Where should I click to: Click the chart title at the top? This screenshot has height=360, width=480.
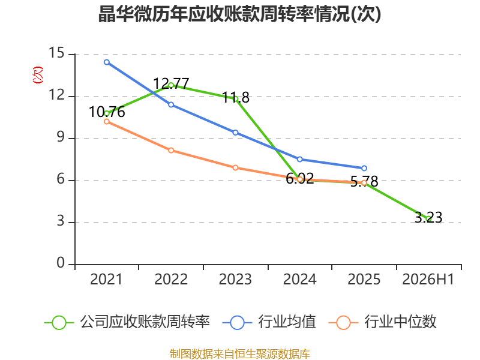tap(239, 14)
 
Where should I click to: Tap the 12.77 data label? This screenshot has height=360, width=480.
tap(171, 83)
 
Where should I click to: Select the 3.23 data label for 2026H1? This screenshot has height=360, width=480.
tap(428, 217)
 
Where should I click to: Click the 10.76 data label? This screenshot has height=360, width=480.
tap(107, 112)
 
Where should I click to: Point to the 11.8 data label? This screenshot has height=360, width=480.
tap(236, 98)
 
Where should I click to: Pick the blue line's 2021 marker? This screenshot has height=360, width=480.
tap(107, 62)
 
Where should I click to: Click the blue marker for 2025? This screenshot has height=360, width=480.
tap(364, 168)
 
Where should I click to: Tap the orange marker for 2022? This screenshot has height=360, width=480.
tap(171, 151)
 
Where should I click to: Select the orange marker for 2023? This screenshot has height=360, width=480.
tap(235, 168)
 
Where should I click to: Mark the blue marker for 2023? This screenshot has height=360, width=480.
tap(235, 133)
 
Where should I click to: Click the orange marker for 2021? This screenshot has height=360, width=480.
tap(107, 122)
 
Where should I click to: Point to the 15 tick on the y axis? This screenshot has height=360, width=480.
tap(56, 53)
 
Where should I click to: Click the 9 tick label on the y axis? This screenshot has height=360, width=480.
tap(61, 137)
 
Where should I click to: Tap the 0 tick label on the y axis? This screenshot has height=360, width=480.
tap(61, 263)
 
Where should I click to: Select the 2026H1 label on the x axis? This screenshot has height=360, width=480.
tap(428, 279)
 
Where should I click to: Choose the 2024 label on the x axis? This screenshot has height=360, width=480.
tap(299, 279)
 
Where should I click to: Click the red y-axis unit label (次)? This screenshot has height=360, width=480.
tap(38, 75)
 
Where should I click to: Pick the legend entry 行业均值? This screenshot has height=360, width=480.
tap(269, 322)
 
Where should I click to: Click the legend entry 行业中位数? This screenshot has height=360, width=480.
tap(383, 322)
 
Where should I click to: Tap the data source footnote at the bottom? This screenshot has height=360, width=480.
tap(240, 354)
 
